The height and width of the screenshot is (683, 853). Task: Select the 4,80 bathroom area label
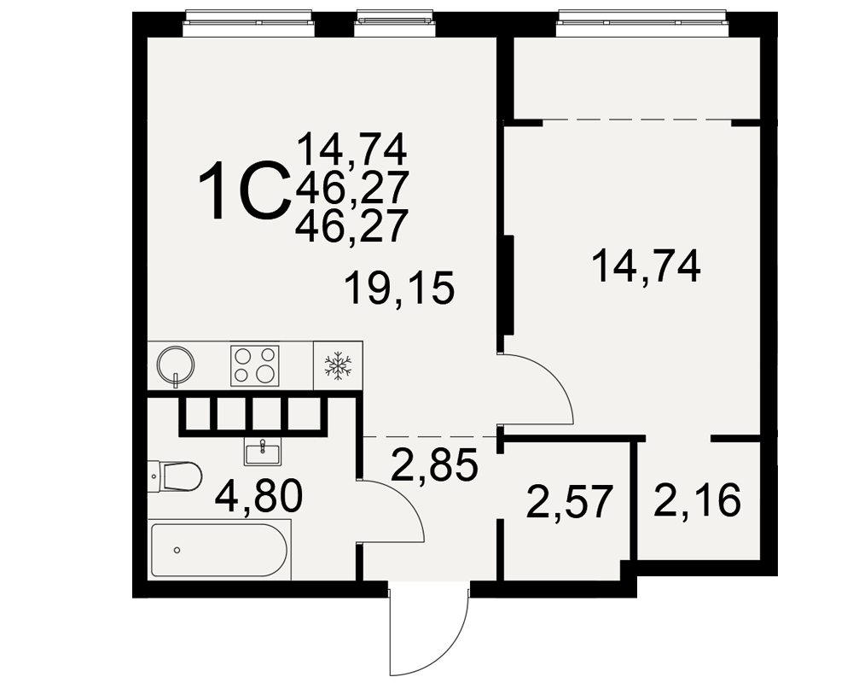(258, 497)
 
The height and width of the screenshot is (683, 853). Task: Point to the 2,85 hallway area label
(434, 464)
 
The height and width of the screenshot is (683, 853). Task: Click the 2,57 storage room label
(570, 502)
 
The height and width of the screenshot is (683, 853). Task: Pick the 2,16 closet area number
(697, 499)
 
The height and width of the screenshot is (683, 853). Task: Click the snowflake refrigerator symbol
(338, 365)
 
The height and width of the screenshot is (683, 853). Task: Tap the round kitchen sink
(175, 364)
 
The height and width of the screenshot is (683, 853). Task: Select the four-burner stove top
(254, 365)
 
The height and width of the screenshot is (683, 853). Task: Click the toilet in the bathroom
(175, 477)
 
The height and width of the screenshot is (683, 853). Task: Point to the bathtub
(220, 550)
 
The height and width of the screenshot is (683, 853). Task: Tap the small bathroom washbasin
(262, 453)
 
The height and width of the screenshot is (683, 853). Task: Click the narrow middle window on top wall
(394, 22)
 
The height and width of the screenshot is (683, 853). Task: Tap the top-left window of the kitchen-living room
(248, 22)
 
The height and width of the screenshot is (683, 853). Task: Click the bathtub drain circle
(177, 550)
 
